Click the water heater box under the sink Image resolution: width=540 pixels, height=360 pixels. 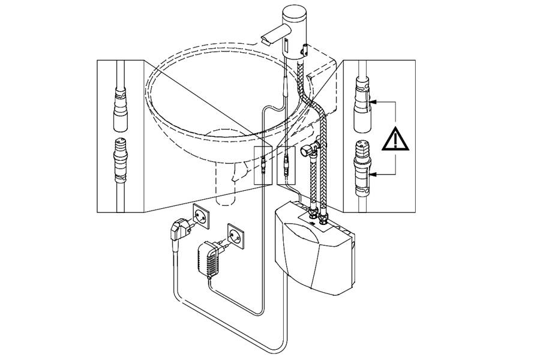312,252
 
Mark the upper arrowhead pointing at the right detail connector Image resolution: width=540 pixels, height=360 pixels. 373,103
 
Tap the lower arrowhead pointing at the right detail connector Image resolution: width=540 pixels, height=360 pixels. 373,175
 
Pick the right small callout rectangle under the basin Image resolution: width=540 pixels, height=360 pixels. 286,164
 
